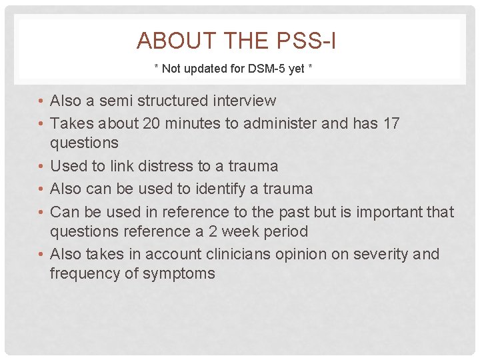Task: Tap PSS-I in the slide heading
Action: click(303, 41)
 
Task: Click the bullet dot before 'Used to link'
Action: click(41, 166)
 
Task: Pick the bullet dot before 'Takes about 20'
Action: click(41, 124)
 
